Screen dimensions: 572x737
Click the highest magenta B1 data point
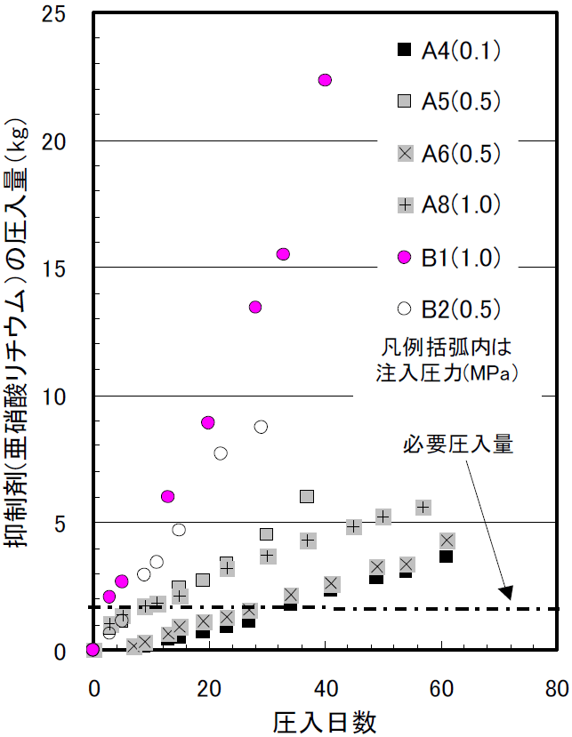[x=325, y=80]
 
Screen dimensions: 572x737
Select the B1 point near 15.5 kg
[x=283, y=253]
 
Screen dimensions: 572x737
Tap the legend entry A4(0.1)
[x=449, y=50]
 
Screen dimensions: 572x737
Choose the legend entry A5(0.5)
[x=449, y=101]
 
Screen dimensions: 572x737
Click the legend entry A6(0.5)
[x=449, y=153]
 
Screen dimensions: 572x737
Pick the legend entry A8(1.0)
[x=449, y=205]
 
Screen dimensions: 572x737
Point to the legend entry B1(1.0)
[x=449, y=257]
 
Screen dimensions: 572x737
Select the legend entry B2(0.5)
[x=449, y=308]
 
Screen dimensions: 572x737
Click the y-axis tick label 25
[x=53, y=14]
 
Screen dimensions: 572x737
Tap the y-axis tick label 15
[x=53, y=268]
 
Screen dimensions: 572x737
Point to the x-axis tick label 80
[x=557, y=689]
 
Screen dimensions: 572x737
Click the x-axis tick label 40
[x=326, y=689]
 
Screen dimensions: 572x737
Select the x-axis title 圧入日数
[x=325, y=722]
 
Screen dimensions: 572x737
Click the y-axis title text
[x=17, y=332]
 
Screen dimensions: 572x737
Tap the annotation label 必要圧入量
[x=458, y=445]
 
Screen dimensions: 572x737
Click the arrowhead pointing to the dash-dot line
[x=506, y=593]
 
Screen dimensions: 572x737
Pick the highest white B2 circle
[x=261, y=427]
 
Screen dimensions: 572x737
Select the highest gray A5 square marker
[x=307, y=496]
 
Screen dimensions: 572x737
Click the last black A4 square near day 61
[x=446, y=557]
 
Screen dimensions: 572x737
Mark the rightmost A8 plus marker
[x=423, y=507]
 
